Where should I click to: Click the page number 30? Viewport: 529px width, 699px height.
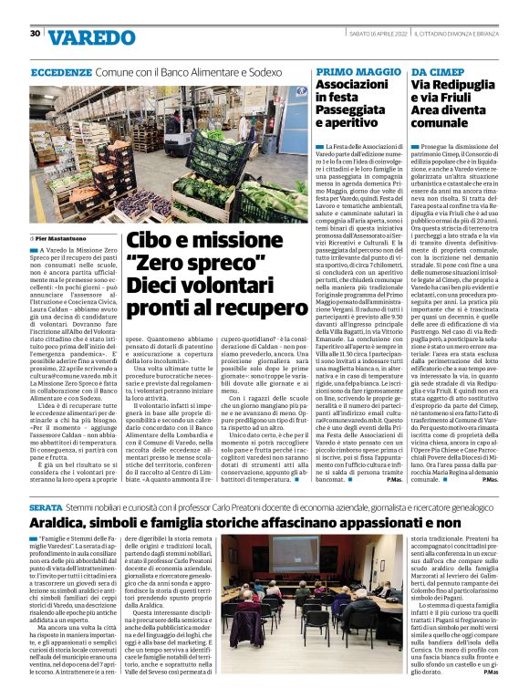pyautogui.click(x=35, y=33)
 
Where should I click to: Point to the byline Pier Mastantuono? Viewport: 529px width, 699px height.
pyautogui.click(x=67, y=237)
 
